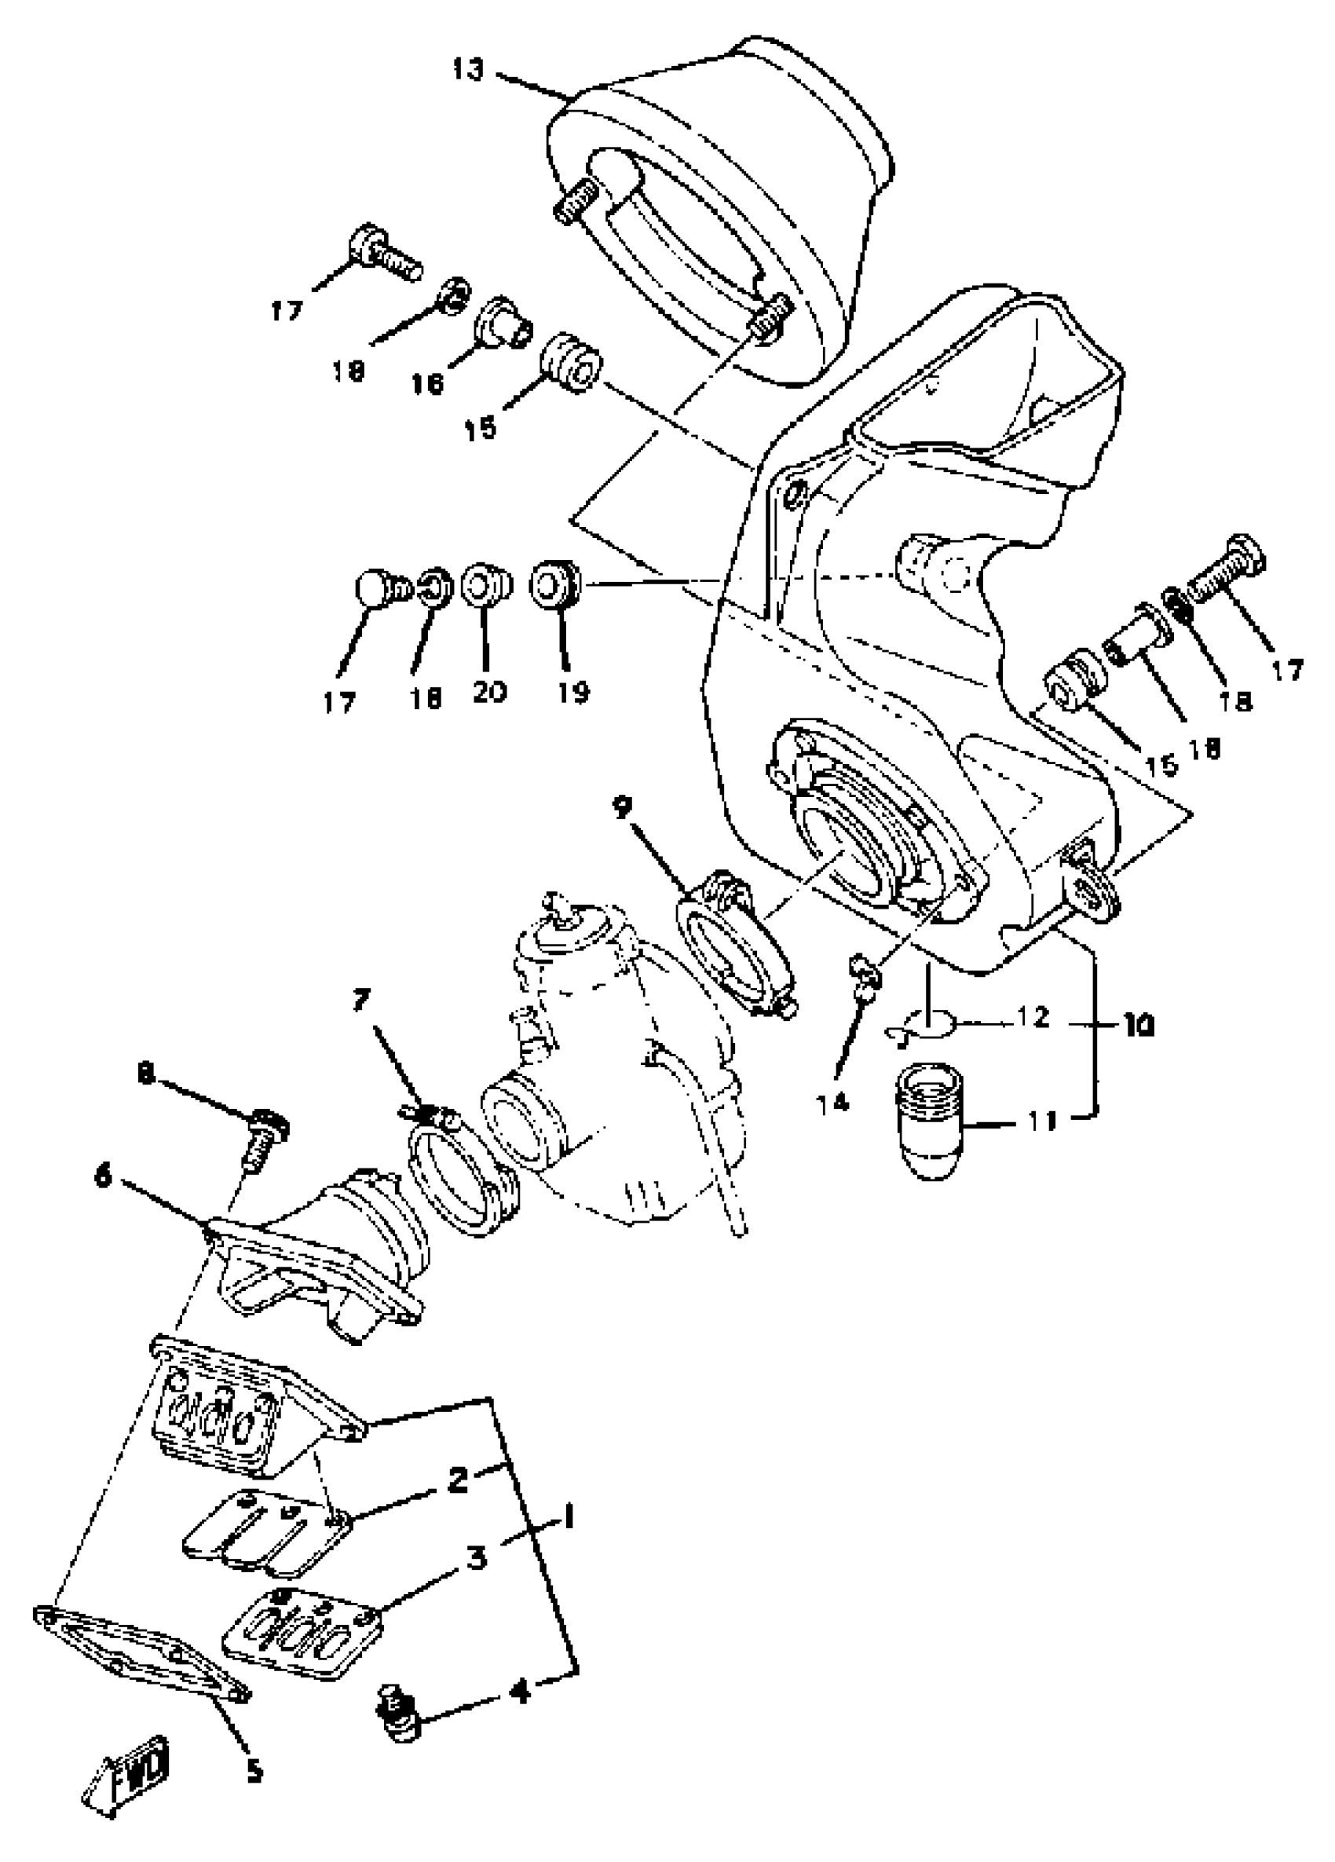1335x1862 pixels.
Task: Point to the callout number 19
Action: (572, 692)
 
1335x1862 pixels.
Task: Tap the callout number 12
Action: (1033, 1018)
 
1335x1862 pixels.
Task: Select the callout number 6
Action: (103, 1176)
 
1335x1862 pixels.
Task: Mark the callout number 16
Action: (427, 382)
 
